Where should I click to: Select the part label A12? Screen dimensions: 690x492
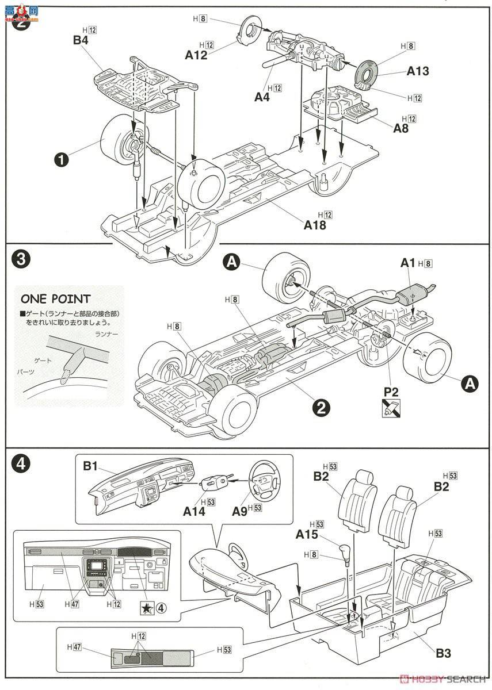tap(196, 55)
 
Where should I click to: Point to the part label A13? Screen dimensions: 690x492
tap(418, 71)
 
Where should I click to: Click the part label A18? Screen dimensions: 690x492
tap(315, 225)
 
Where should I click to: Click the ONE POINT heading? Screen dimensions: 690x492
tap(55, 299)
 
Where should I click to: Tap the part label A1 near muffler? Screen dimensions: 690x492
tap(408, 263)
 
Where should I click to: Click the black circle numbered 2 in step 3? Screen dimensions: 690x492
tap(321, 407)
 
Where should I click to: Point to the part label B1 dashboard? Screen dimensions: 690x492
tap(90, 466)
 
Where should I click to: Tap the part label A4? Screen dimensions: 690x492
tap(262, 97)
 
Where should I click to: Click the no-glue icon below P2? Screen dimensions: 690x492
tap(391, 408)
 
